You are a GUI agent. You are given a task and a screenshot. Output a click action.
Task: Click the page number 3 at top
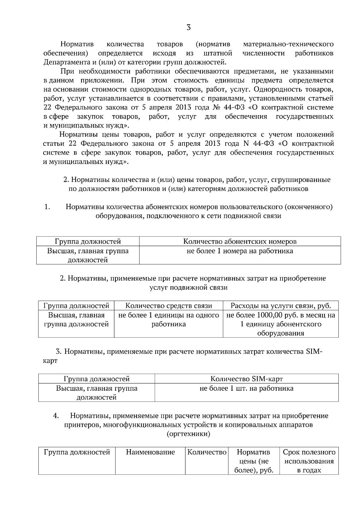[188, 28]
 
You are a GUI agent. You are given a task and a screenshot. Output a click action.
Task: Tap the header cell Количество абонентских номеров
[240, 241]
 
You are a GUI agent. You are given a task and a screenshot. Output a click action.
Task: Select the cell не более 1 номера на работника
[240, 251]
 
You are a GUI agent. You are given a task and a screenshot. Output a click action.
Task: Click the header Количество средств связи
[169, 306]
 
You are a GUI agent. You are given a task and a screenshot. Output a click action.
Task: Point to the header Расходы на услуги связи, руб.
[280, 306]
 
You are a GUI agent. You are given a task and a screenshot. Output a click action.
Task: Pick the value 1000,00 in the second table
[268, 315]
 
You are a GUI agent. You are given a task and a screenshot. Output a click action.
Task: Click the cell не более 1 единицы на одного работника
[169, 320]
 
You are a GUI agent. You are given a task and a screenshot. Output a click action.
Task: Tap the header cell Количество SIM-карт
[246, 379]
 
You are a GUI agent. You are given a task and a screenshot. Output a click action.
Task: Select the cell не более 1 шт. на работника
[246, 388]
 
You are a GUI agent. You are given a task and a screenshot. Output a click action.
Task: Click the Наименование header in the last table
[150, 452]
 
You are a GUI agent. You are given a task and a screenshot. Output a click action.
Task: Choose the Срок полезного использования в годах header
[309, 461]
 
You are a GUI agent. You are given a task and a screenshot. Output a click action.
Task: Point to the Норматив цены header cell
[253, 461]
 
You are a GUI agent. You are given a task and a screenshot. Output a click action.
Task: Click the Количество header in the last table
[207, 452]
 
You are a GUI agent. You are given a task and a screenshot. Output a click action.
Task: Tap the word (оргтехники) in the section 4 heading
[188, 434]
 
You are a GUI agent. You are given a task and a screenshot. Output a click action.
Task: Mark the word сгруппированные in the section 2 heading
[301, 180]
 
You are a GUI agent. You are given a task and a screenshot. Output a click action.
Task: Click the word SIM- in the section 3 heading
[314, 352]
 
